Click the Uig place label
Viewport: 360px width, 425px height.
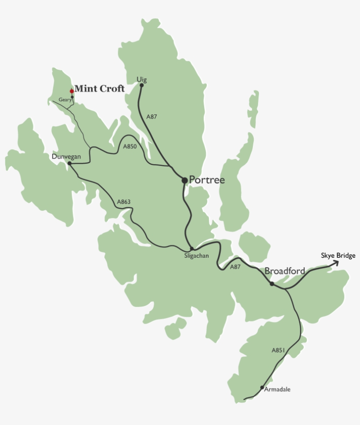(141, 79)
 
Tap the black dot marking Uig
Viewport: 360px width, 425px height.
(141, 86)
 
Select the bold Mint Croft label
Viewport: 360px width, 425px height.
(99, 88)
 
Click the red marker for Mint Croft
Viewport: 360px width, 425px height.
(72, 91)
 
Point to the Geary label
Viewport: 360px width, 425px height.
(65, 100)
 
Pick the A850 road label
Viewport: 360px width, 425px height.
(130, 147)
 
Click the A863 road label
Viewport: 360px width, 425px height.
(124, 202)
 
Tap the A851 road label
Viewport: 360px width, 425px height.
(278, 350)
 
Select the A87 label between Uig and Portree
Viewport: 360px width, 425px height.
(151, 117)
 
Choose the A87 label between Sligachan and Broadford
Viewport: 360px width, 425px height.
(235, 267)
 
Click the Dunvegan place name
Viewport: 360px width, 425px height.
(66, 156)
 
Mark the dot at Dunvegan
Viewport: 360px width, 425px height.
(70, 163)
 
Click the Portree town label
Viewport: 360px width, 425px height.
(207, 180)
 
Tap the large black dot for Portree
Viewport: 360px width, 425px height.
(185, 180)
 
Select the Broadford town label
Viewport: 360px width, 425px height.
(284, 271)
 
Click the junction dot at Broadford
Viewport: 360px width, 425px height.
(272, 284)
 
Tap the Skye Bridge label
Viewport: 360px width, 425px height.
(338, 256)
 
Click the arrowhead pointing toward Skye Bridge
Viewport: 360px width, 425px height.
(336, 263)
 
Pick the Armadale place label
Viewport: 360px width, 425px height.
(277, 389)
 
